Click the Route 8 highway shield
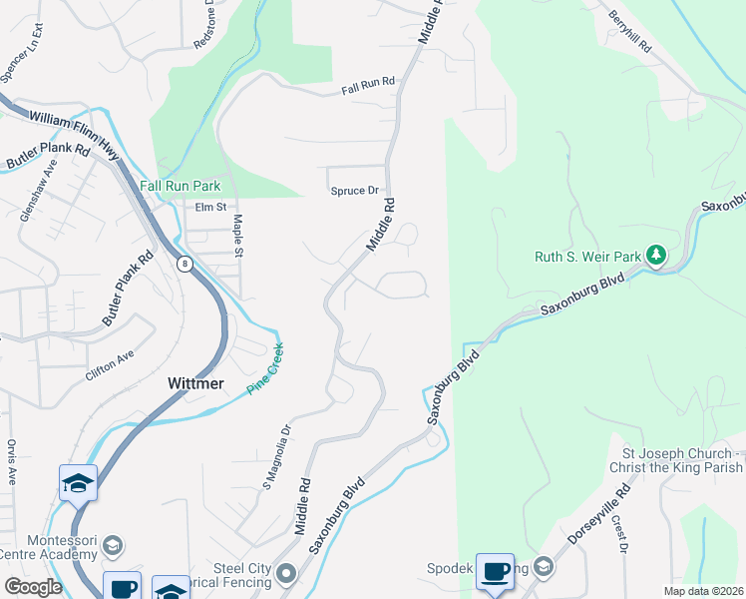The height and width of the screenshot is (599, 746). pyautogui.click(x=185, y=265)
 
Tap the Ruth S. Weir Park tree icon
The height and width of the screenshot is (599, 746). pyautogui.click(x=655, y=257)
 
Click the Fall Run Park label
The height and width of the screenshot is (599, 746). pyautogui.click(x=180, y=186)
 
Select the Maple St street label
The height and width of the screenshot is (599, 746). pyautogui.click(x=238, y=236)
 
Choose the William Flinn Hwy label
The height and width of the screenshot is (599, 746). pyautogui.click(x=74, y=130)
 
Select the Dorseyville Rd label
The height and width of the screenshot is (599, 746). pyautogui.click(x=599, y=514)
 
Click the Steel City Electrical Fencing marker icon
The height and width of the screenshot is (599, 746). pyautogui.click(x=286, y=573)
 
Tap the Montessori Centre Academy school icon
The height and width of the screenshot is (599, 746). pyautogui.click(x=113, y=546)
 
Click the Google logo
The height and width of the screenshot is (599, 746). pyautogui.click(x=33, y=587)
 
